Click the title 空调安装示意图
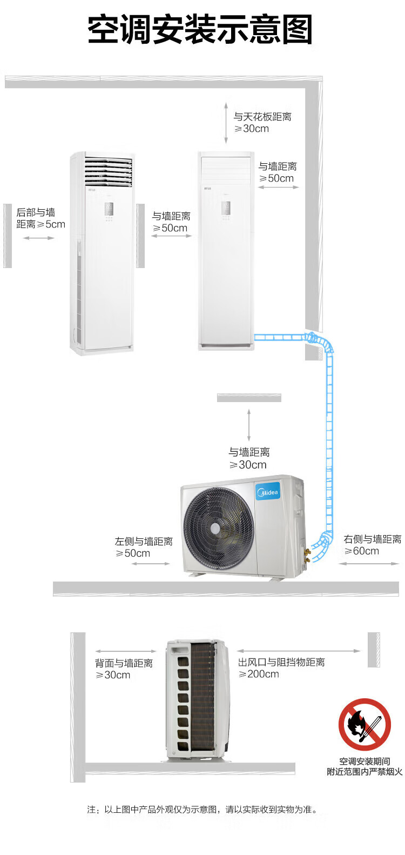(x=200, y=30)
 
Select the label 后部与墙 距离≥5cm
(x=40, y=218)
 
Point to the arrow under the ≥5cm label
(x=38, y=238)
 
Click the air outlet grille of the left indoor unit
(x=109, y=172)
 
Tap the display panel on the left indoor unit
(x=109, y=211)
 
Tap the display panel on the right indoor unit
(x=226, y=210)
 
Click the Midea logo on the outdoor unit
(x=268, y=492)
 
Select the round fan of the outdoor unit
(x=218, y=527)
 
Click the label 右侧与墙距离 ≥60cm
(x=372, y=545)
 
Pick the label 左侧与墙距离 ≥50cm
(x=143, y=547)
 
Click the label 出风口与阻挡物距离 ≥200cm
(x=281, y=668)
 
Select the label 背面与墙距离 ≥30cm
(x=124, y=669)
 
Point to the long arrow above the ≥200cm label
(x=299, y=651)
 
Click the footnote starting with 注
(x=202, y=809)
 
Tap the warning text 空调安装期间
(x=364, y=761)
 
